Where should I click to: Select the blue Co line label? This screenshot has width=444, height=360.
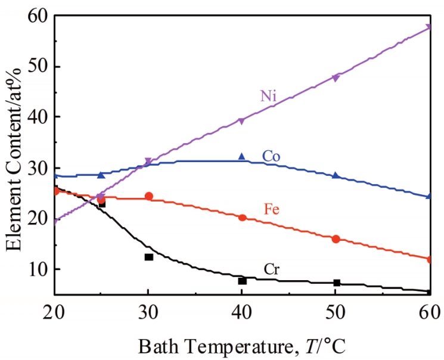pyautogui.click(x=271, y=156)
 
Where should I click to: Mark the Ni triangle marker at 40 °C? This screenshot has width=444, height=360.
pyautogui.click(x=242, y=121)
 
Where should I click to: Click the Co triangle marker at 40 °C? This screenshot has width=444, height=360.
pyautogui.click(x=242, y=156)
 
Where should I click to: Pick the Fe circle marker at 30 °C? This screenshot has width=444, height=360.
pyautogui.click(x=148, y=196)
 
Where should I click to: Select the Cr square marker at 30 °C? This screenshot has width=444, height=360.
pyautogui.click(x=148, y=257)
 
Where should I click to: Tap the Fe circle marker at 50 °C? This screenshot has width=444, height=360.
pyautogui.click(x=336, y=239)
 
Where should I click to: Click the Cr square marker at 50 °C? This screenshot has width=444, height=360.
pyautogui.click(x=336, y=283)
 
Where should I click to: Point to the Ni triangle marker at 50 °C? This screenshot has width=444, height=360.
pyautogui.click(x=336, y=78)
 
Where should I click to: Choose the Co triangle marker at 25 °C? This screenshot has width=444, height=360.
pyautogui.click(x=101, y=175)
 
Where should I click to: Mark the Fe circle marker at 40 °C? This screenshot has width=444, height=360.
pyautogui.click(x=242, y=218)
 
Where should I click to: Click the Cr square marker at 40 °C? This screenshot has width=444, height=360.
pyautogui.click(x=242, y=281)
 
